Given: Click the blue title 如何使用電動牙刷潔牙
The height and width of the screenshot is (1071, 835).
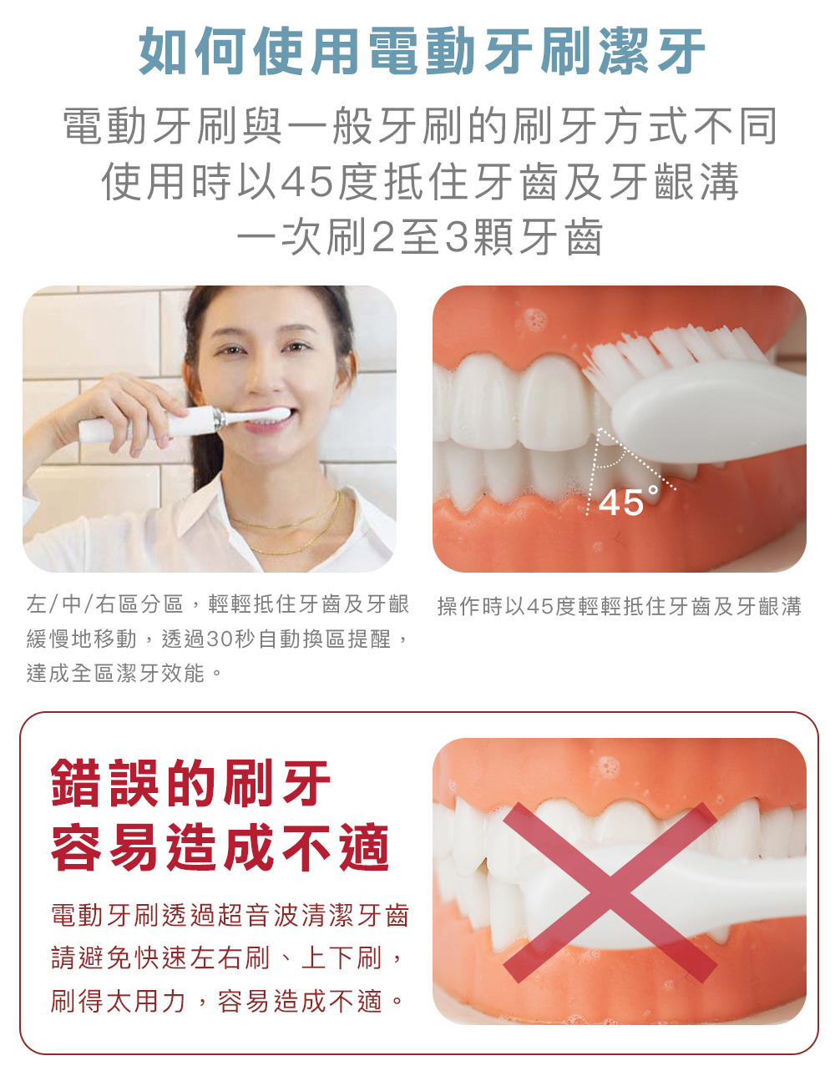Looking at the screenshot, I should pyautogui.click(x=422, y=51).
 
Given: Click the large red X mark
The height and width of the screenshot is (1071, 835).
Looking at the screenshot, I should pyautogui.click(x=610, y=892).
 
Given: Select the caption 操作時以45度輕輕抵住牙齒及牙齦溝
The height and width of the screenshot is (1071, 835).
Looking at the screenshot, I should pyautogui.click(x=619, y=607).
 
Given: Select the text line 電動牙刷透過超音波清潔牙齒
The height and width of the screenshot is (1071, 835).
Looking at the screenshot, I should pyautogui.click(x=230, y=916).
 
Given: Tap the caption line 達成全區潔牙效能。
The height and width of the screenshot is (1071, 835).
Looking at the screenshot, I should pyautogui.click(x=125, y=673).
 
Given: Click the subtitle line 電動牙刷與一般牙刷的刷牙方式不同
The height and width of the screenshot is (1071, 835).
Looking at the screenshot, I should pyautogui.click(x=422, y=127).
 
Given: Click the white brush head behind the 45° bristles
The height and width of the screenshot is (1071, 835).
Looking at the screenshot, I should pyautogui.click(x=710, y=409).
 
